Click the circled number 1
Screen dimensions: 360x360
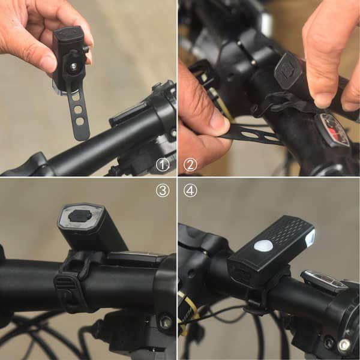pos(163,164)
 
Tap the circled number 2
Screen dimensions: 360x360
pos(190,164)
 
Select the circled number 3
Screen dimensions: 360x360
pos(163,190)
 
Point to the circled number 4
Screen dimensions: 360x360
pos(190,190)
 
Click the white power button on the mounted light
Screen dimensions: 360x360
pos(263,246)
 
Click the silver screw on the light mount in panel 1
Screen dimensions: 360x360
pos(73,65)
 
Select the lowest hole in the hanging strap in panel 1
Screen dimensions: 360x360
pos(80,121)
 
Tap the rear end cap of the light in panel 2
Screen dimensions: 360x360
pos(287,70)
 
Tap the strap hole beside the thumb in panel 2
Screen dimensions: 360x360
pos(250,134)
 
